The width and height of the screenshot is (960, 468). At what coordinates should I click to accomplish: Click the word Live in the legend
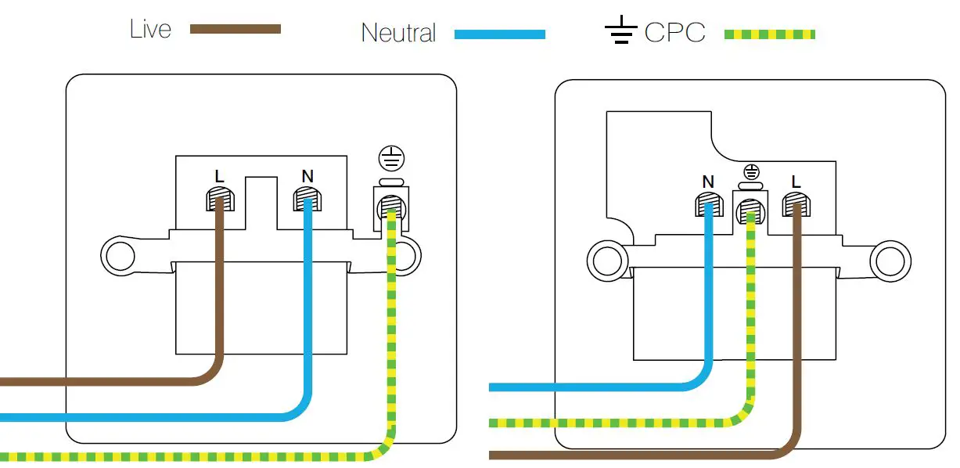(x=150, y=29)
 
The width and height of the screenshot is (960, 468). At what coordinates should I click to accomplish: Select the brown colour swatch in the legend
(x=236, y=29)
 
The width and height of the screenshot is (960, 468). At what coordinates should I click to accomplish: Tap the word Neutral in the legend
(x=398, y=33)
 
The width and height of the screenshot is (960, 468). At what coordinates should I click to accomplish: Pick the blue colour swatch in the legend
(x=500, y=34)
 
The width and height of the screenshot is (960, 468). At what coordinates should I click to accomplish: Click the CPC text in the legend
(x=674, y=32)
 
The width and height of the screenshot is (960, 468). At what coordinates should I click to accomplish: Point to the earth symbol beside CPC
(x=621, y=29)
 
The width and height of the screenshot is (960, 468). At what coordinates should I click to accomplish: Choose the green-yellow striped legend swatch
(x=770, y=34)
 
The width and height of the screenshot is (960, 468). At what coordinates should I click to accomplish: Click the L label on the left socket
(x=219, y=176)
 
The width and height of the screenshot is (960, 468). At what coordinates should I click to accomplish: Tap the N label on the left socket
(x=307, y=176)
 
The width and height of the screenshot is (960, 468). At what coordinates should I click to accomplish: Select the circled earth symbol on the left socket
(x=391, y=158)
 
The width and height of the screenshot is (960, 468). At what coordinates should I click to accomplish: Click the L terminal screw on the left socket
(x=221, y=200)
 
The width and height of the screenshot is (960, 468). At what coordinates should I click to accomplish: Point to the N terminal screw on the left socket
(x=307, y=200)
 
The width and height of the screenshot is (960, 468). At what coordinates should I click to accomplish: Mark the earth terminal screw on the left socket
(x=391, y=207)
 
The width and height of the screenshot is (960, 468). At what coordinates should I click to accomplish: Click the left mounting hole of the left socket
(x=120, y=256)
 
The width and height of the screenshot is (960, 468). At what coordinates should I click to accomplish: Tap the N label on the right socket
(x=708, y=182)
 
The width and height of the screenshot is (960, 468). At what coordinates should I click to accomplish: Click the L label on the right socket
(x=796, y=182)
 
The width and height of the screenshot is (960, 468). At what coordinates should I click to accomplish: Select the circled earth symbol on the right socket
(x=751, y=172)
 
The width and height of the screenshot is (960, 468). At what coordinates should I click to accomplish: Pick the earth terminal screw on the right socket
(x=750, y=212)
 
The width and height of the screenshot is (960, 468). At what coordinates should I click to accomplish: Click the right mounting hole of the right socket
(x=890, y=261)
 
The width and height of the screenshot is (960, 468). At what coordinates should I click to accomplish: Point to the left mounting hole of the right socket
(x=607, y=261)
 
